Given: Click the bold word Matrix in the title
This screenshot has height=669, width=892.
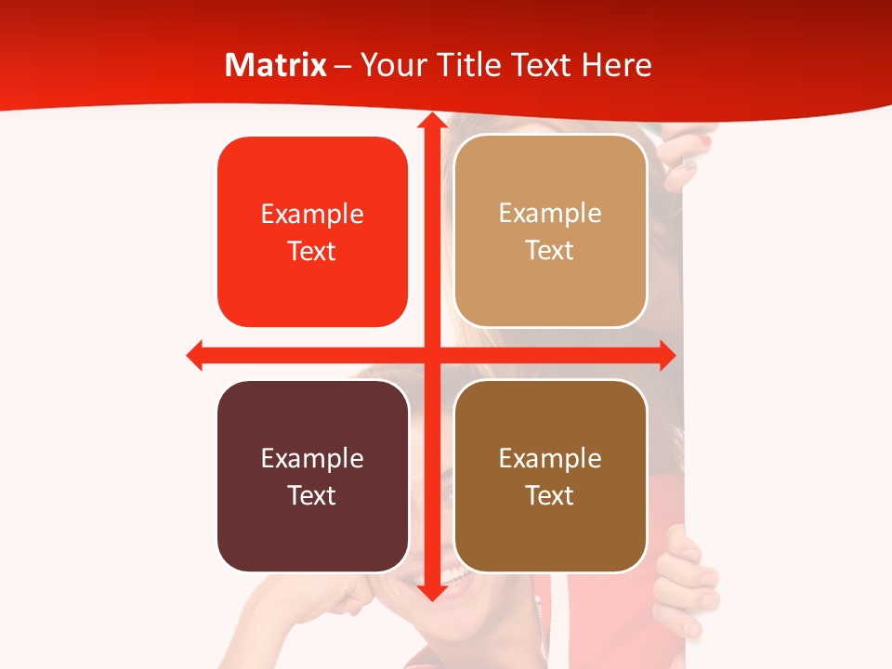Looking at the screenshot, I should (x=276, y=65).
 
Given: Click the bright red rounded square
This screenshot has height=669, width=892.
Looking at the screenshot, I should (x=312, y=231).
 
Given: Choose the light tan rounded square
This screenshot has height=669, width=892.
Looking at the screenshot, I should (x=550, y=230).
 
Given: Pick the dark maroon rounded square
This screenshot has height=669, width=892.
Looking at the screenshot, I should (x=312, y=476).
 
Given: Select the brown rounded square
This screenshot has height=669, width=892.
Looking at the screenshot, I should (x=550, y=476).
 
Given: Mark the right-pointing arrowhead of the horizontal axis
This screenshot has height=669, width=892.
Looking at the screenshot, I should (x=666, y=355).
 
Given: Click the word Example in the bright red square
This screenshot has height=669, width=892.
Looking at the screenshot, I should (x=312, y=215).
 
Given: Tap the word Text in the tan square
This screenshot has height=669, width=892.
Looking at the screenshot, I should (x=550, y=251).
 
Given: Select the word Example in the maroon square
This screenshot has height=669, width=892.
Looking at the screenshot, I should (x=312, y=458).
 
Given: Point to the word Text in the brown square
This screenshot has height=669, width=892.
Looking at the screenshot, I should (x=550, y=495).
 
